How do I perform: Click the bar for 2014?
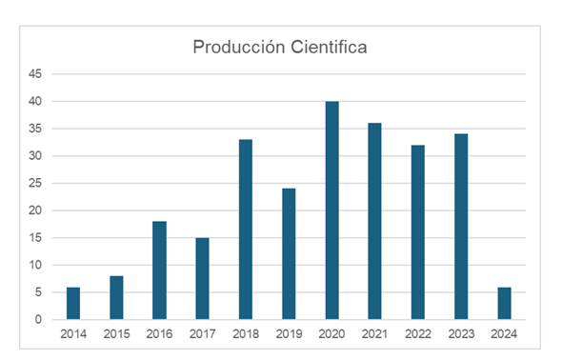click(73, 303)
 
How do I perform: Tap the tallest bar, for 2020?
click(331, 210)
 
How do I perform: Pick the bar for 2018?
click(246, 230)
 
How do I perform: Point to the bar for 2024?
click(504, 303)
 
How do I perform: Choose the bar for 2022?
click(418, 232)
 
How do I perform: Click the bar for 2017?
click(202, 278)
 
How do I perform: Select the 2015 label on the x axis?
click(116, 334)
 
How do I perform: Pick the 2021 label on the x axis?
click(374, 334)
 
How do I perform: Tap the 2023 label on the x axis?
click(461, 334)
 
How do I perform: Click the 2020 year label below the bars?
click(331, 334)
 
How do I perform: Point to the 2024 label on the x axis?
click(504, 334)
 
